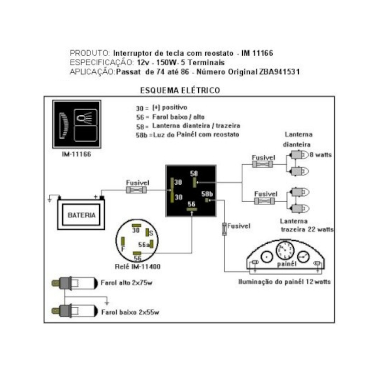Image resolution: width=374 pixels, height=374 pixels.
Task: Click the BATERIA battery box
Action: (x=81, y=215)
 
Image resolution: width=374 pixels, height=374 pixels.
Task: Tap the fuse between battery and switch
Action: (x=136, y=190)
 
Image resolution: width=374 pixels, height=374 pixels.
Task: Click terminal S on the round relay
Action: (x=147, y=233)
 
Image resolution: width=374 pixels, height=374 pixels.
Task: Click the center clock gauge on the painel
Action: (x=285, y=250)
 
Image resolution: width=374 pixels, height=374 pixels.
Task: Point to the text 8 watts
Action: (x=321, y=155)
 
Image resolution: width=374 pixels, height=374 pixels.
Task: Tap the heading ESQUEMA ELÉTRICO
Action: (x=180, y=90)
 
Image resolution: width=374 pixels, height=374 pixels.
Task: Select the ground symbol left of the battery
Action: (x=50, y=199)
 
